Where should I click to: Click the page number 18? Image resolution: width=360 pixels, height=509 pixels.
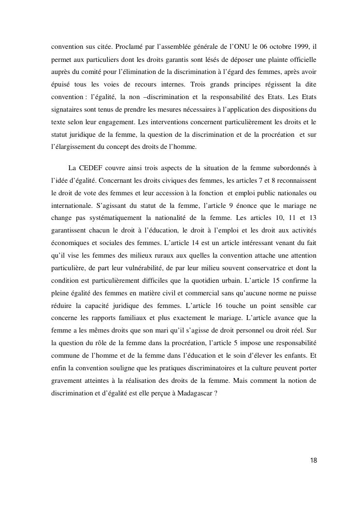pyautogui.click(x=314, y=460)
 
